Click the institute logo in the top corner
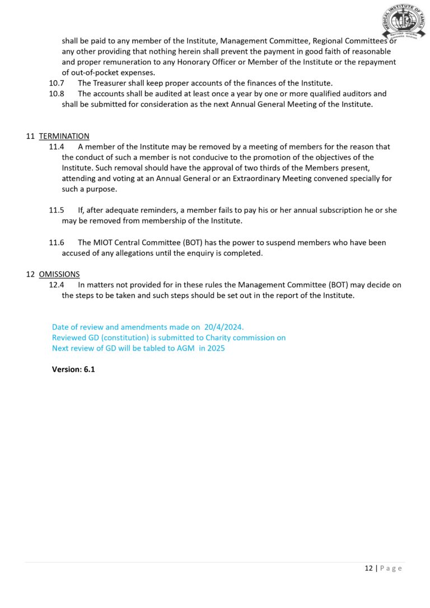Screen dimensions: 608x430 [401, 21]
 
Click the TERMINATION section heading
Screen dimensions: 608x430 [64, 136]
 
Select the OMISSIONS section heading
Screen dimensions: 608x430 [59, 274]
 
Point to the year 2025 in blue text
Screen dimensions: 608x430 [216, 348]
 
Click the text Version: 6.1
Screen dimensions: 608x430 [73, 370]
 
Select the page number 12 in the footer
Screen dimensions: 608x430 [368, 568]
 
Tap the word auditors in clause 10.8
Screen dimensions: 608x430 [356, 93]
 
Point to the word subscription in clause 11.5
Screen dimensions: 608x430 [338, 210]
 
